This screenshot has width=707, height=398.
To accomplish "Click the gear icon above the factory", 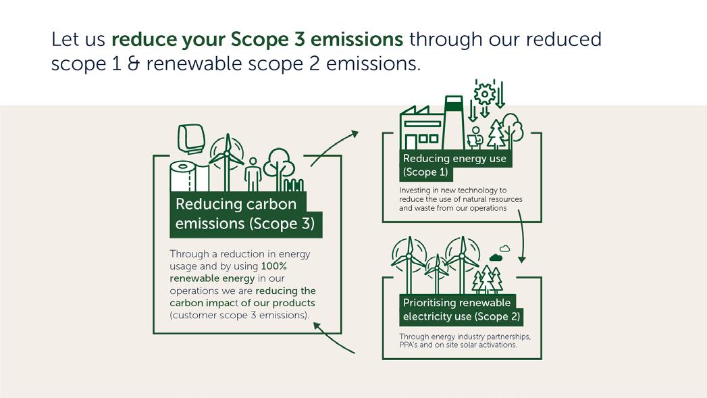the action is tap(484, 93).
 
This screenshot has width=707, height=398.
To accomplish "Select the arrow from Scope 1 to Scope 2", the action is tap(521, 237).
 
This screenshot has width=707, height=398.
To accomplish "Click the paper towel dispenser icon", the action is tap(191, 139).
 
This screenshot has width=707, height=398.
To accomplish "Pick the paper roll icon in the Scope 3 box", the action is tap(182, 176).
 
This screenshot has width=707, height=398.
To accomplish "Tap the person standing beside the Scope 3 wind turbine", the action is tap(253, 174).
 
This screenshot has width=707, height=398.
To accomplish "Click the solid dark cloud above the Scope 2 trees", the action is tap(496, 257).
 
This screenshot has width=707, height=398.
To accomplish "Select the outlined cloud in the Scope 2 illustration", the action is tap(504, 249).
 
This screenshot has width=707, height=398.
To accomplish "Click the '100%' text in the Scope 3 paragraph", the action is tap(274, 266).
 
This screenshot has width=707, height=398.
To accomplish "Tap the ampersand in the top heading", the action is tap(132, 64).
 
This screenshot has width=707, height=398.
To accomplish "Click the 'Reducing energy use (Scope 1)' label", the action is tap(454, 165).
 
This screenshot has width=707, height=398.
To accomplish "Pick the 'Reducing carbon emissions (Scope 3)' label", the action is tap(245, 214).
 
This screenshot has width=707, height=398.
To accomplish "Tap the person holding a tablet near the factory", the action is tap(475, 137).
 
